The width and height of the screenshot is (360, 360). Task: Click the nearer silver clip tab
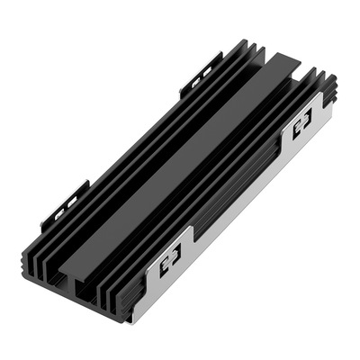point(170,261)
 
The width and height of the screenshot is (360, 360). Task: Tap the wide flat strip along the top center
point(180,162)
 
